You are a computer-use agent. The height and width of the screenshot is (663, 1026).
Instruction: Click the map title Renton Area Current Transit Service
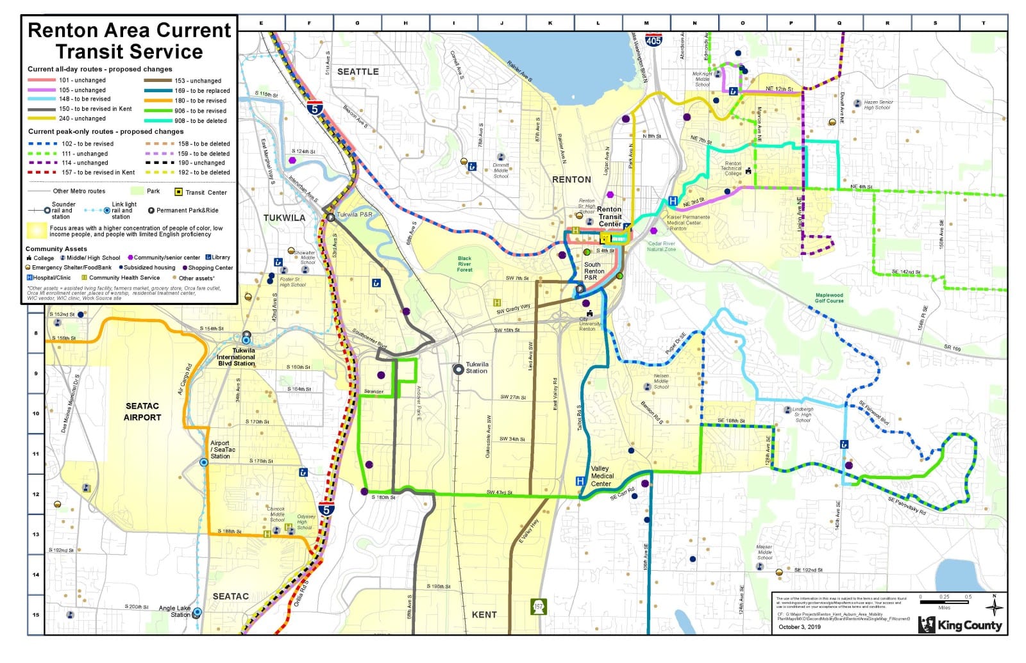[x=129, y=40]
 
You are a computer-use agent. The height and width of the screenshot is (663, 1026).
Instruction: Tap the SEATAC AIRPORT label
[x=142, y=411]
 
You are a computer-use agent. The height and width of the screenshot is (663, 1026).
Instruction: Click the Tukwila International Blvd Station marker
[x=246, y=335]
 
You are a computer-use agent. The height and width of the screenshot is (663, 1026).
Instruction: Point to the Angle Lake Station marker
[x=198, y=612]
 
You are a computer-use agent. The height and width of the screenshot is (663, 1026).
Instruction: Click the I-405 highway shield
[x=653, y=40]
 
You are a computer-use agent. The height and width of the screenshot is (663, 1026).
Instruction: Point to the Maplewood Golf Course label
[x=828, y=298]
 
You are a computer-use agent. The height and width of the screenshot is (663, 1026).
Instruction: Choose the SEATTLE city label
[x=358, y=72]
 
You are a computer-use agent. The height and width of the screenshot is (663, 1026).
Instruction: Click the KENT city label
[x=484, y=614]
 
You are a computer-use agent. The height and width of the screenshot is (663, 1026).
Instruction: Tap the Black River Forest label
[x=464, y=264]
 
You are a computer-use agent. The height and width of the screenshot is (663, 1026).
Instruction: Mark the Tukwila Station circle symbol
[x=458, y=370]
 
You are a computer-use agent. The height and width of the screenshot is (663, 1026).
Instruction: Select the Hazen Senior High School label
[x=878, y=104]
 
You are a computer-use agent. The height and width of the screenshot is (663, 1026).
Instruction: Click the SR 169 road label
[x=952, y=348]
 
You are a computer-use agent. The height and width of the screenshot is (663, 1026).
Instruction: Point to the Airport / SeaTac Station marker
[x=203, y=462]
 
